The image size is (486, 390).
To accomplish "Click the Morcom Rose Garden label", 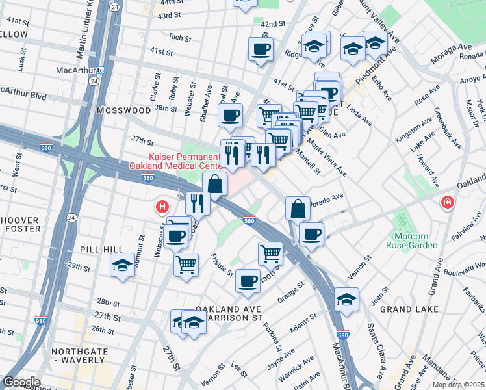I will (x=416, y=239).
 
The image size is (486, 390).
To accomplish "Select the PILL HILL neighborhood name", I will (x=97, y=250).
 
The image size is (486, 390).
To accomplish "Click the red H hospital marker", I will (x=162, y=207).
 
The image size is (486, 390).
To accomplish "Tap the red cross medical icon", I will (x=447, y=203).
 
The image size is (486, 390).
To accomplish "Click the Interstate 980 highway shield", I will (x=40, y=320).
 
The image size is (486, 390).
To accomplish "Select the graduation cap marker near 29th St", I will (x=122, y=265).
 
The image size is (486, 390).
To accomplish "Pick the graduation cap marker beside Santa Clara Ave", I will (x=346, y=300).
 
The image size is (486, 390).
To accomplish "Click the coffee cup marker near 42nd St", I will (x=261, y=49).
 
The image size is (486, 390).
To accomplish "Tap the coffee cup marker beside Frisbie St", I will (x=247, y=281).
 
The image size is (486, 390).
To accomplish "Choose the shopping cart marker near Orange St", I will (x=270, y=253).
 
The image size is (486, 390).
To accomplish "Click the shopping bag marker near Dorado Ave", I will (x=298, y=208).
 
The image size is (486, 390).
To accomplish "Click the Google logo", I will (x=21, y=382).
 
